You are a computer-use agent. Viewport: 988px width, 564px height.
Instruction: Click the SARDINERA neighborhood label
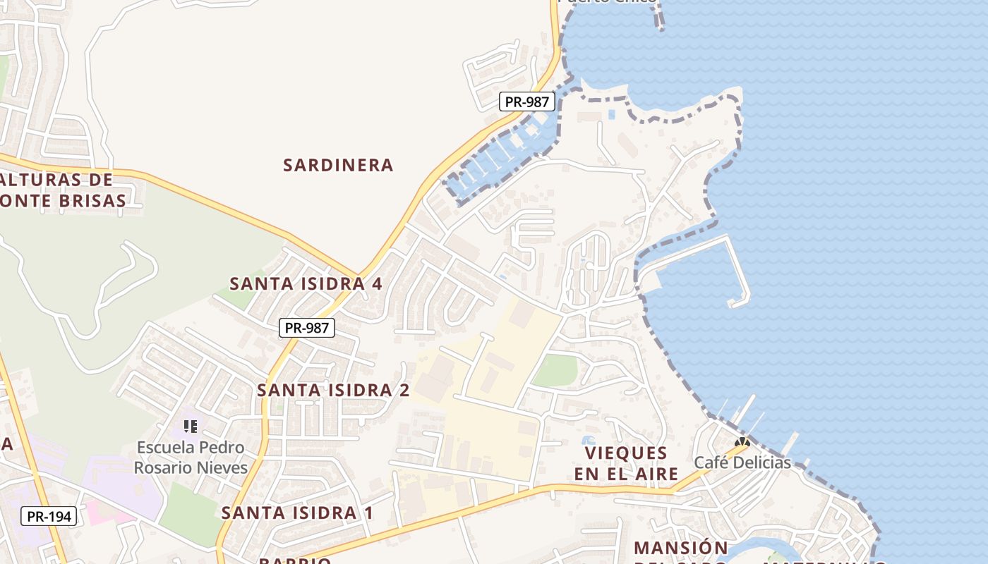point(338,165)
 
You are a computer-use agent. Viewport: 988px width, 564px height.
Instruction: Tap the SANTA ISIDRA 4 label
point(306,283)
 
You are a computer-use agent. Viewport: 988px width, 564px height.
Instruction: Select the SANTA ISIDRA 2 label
point(333,390)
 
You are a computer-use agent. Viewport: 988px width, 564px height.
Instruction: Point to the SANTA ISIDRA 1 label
point(297,513)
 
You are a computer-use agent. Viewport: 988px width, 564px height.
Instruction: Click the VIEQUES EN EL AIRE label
point(626,463)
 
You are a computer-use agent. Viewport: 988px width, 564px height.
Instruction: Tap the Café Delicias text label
point(742,462)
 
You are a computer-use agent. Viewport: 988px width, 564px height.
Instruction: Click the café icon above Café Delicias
point(742,443)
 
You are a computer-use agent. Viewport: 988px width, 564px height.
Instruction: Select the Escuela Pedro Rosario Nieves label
point(191,458)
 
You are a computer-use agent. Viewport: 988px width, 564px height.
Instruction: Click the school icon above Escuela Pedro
point(191,427)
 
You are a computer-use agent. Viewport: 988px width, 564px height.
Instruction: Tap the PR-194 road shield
point(49,516)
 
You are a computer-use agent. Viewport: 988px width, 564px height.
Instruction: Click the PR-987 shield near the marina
point(526,102)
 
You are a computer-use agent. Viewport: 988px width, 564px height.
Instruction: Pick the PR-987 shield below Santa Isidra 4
point(306,328)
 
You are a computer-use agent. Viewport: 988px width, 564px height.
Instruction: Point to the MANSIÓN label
point(680,548)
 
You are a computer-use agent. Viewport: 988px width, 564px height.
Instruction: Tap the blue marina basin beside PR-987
point(494,162)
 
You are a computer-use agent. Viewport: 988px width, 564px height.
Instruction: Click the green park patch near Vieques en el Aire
point(555,371)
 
